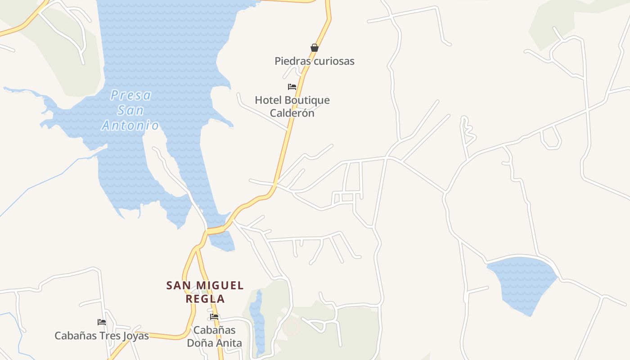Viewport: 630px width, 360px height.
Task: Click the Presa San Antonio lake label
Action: click(130, 110)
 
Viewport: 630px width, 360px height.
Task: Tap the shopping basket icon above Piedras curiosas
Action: click(315, 48)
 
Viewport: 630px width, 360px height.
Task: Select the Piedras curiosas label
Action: click(315, 61)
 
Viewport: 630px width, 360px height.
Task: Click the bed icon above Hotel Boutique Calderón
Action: click(292, 87)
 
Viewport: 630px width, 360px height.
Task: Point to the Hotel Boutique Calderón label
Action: click(292, 107)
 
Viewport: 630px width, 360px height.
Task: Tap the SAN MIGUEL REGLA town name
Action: click(205, 292)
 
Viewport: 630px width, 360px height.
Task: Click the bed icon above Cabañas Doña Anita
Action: click(214, 317)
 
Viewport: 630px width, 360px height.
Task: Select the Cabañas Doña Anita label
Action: click(214, 337)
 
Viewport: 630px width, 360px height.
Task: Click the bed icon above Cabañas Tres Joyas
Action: click(102, 322)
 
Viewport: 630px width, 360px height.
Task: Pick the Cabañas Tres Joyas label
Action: click(102, 336)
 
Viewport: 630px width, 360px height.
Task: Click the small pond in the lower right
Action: click(522, 283)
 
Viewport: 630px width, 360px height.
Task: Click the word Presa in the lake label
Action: click(131, 95)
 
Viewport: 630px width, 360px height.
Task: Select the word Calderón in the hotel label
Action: click(292, 113)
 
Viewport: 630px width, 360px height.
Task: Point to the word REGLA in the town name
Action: click(205, 299)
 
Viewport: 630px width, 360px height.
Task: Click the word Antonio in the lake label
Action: click(130, 125)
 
